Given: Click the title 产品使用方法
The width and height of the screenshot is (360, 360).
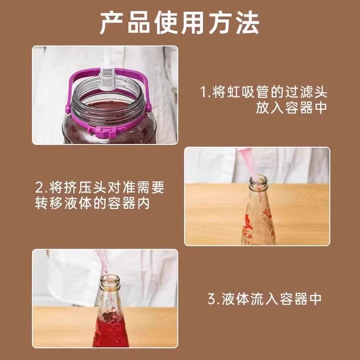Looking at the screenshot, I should pyautogui.click(x=180, y=23).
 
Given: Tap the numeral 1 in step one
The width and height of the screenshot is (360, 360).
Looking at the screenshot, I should pyautogui.click(x=203, y=93).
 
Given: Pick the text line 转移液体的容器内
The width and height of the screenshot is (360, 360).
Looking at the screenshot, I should pyautogui.click(x=92, y=203).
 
